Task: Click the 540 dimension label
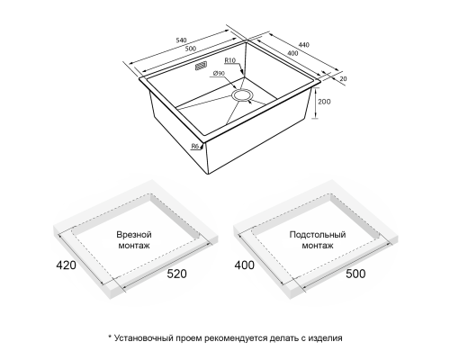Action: coord(181,40)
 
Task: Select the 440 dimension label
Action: coord(303,45)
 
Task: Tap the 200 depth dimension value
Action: coord(324,102)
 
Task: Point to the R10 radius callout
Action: coord(230,60)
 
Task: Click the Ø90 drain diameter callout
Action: coord(219,74)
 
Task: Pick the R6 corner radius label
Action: coord(195,147)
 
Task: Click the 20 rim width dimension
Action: coord(344,79)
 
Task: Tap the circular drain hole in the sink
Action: coord(242,95)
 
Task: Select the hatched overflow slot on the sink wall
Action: coord(201,66)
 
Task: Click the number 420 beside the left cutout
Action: coord(66,265)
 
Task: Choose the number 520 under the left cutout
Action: coord(176,274)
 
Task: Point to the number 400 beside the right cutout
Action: coord(245,265)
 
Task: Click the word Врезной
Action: coord(134,235)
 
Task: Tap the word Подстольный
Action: coord(318,235)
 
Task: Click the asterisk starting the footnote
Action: coord(110,337)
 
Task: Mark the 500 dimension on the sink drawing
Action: coord(190,49)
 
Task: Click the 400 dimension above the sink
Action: coord(292,53)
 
